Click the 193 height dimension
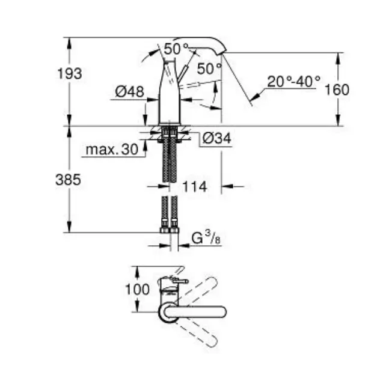(x=70, y=74)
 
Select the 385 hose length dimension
(x=68, y=180)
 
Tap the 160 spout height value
(x=337, y=90)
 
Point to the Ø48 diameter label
(x=129, y=91)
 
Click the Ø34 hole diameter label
(x=217, y=138)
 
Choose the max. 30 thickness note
(x=112, y=150)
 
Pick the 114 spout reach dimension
(x=195, y=186)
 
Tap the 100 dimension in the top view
(x=137, y=289)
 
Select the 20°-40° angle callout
(x=294, y=81)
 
